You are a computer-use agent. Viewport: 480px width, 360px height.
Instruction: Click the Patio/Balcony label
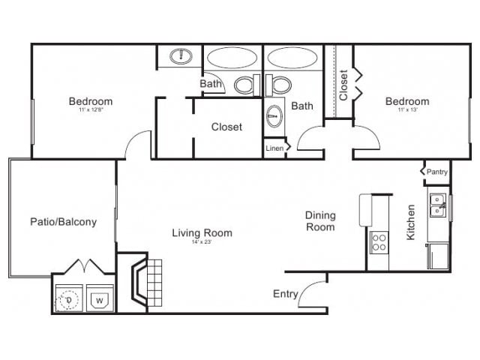click(x=63, y=222)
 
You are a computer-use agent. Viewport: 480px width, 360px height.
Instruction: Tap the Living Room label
click(x=202, y=232)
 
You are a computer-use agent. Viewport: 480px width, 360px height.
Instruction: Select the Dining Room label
click(x=320, y=220)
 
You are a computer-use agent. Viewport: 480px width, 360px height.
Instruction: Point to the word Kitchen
click(x=411, y=222)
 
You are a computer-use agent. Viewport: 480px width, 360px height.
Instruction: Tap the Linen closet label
click(x=274, y=148)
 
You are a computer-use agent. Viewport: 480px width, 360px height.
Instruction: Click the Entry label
click(x=285, y=293)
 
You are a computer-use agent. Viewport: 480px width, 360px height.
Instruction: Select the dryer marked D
click(x=69, y=300)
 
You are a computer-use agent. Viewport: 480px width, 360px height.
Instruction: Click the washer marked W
click(x=99, y=300)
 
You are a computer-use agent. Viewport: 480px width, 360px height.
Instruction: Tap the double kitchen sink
click(x=437, y=205)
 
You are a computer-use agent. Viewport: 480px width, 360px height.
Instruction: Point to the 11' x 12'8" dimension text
click(x=91, y=111)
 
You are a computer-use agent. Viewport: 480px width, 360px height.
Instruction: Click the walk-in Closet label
click(x=226, y=127)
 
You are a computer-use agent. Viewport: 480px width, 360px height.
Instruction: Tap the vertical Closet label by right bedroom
click(x=343, y=85)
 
